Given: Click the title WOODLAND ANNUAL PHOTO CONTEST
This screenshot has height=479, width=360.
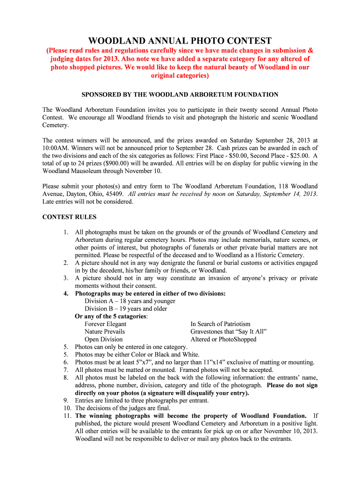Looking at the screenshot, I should tap(180, 41).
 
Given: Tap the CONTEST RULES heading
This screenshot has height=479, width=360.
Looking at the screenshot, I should tap(69, 217).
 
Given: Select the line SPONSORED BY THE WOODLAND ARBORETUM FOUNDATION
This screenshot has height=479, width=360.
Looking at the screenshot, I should tap(180, 94).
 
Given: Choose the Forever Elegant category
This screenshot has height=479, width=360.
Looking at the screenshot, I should tap(105, 324).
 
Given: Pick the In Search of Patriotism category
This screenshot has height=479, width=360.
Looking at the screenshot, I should tap(220, 324).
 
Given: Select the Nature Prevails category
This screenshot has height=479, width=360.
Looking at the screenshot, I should tap(105, 332).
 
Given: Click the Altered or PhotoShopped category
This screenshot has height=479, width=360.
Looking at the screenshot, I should tap(223, 339).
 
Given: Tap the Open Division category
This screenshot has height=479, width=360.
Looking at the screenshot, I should tap(103, 339).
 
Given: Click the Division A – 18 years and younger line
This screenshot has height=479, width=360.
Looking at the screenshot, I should tap(130, 301).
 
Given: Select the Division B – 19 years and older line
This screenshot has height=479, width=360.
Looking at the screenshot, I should tap(126, 309).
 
